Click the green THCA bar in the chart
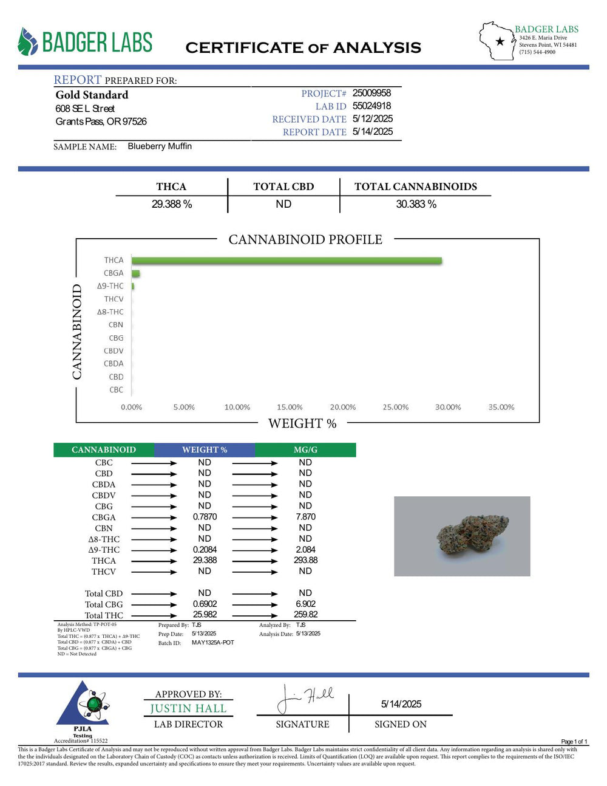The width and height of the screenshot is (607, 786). click(x=287, y=261)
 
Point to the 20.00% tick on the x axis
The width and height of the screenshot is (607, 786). click(x=342, y=407)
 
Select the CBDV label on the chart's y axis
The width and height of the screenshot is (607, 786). click(x=114, y=351)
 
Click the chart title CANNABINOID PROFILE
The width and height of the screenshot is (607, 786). click(x=305, y=240)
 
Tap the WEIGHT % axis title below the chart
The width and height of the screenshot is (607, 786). click(x=302, y=423)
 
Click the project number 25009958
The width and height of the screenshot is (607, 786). click(x=371, y=93)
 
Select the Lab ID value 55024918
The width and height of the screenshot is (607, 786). click(x=371, y=106)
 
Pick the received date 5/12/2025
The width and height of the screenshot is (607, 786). click(x=372, y=118)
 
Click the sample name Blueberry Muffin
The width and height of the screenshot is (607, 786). click(x=160, y=146)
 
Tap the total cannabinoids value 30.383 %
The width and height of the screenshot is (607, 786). click(x=416, y=204)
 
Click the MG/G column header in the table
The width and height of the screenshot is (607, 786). click(x=305, y=450)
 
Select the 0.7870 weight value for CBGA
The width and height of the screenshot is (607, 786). click(x=205, y=517)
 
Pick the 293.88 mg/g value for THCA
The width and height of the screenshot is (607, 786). click(x=305, y=560)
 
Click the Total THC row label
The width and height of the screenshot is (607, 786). click(x=104, y=615)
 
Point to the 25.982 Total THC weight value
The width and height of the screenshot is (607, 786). click(x=205, y=615)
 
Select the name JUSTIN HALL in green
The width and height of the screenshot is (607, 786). click(x=188, y=709)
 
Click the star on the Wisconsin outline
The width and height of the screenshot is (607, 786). click(x=500, y=42)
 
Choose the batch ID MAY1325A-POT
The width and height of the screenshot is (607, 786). click(x=212, y=643)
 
